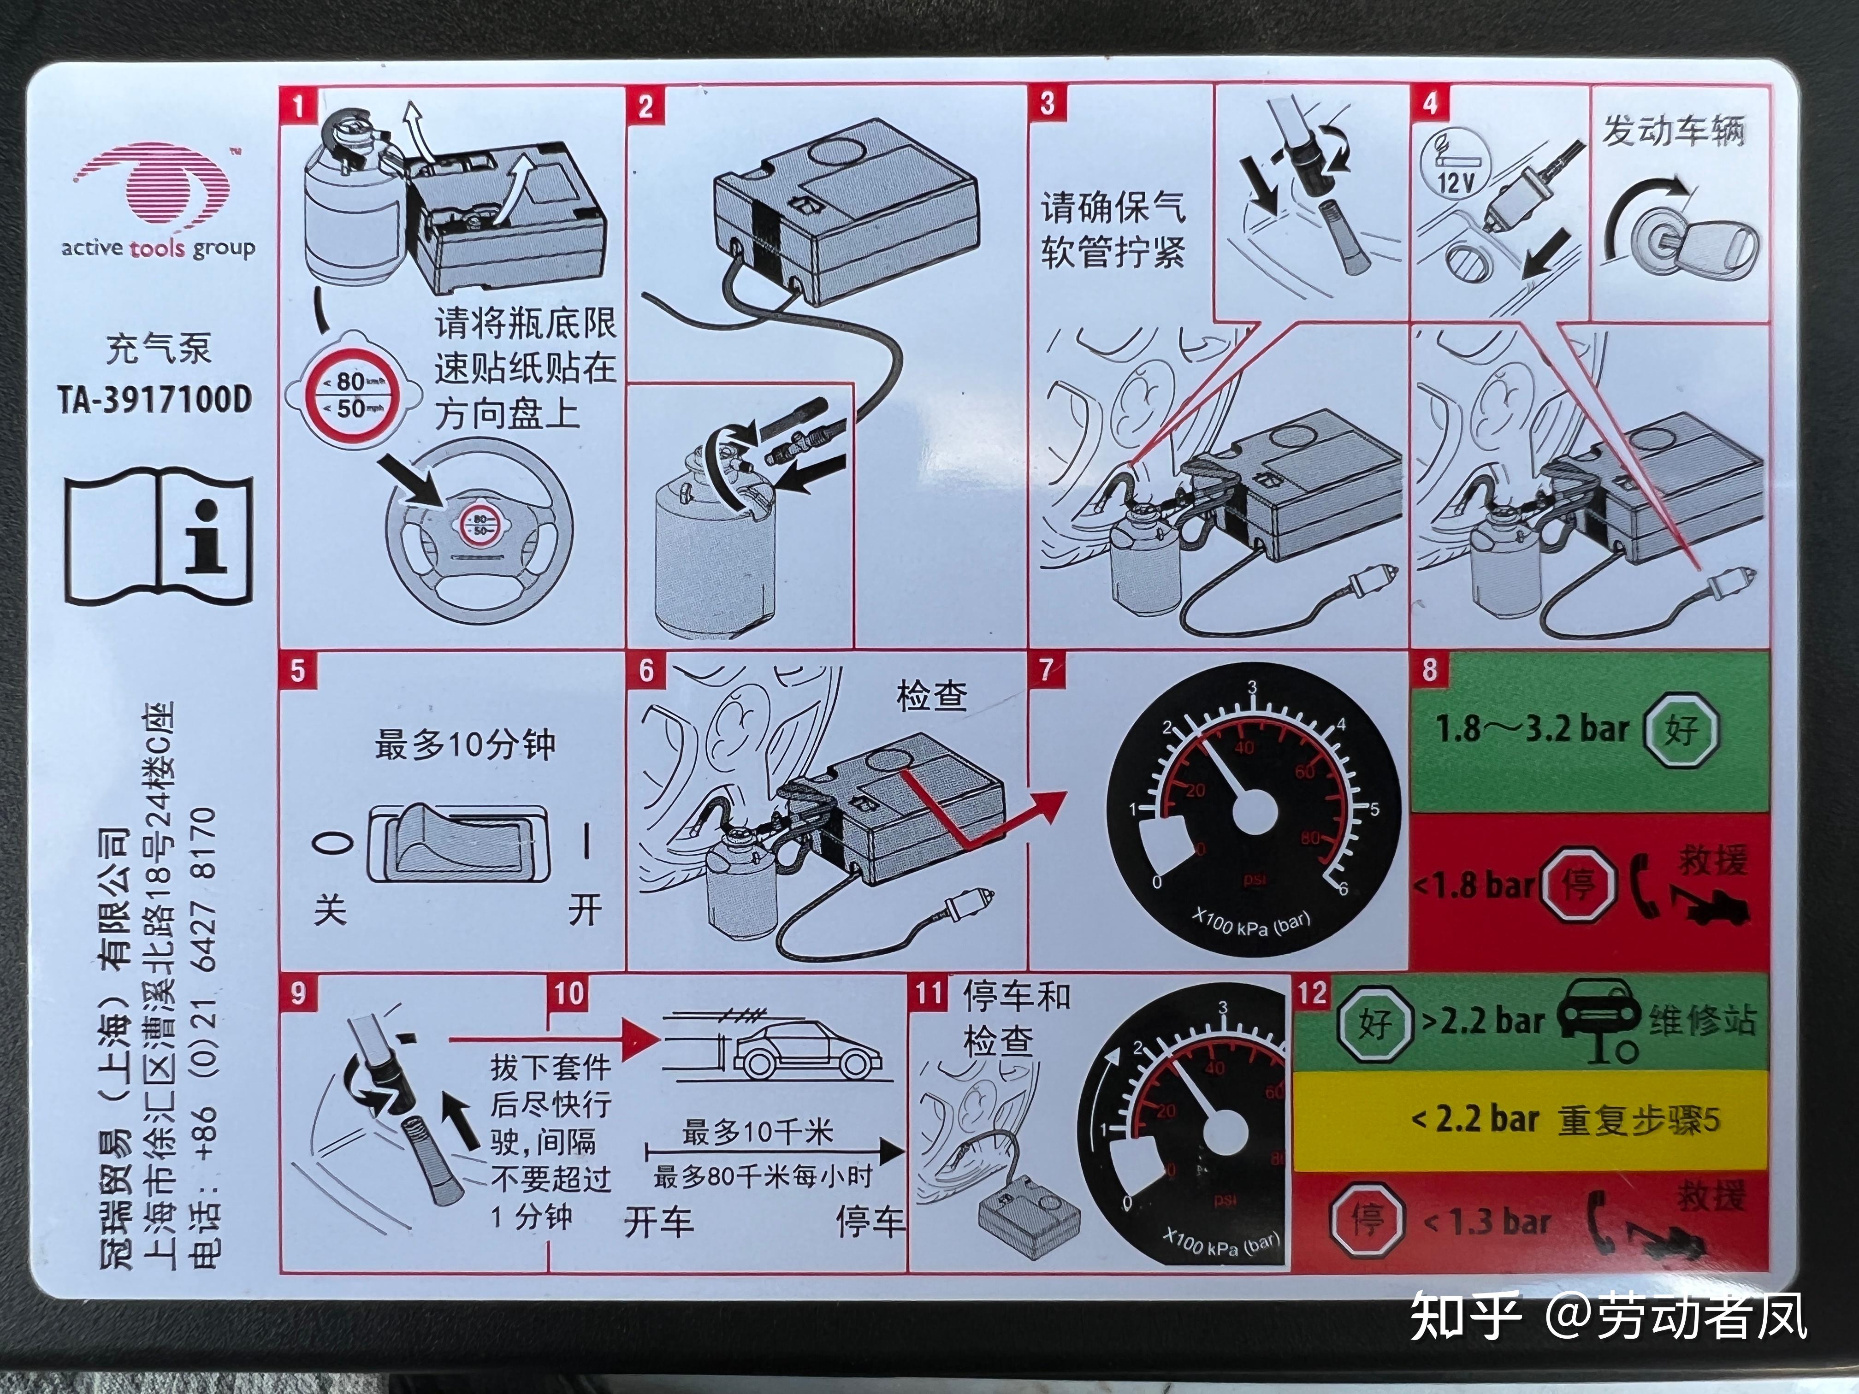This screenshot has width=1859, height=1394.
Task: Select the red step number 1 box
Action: coord(297,106)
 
